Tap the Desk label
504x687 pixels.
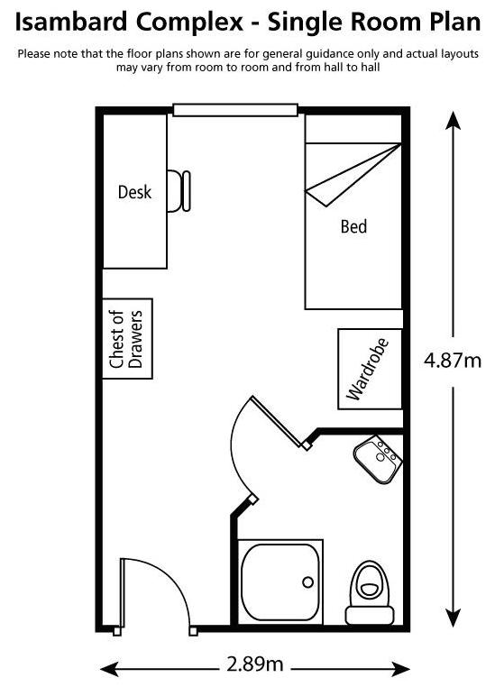(x=134, y=192)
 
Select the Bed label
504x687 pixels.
(x=353, y=226)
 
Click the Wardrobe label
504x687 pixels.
(x=368, y=369)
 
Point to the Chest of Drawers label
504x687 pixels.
(x=126, y=339)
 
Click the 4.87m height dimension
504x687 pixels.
(x=453, y=360)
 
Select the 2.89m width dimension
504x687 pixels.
(x=254, y=664)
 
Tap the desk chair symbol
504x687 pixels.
(x=179, y=191)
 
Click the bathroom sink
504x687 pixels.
(x=378, y=459)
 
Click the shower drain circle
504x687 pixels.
(x=308, y=582)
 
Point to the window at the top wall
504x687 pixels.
(x=235, y=110)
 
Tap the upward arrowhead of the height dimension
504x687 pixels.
(x=453, y=121)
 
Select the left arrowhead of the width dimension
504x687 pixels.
(x=110, y=669)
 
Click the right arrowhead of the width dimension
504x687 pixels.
(x=399, y=669)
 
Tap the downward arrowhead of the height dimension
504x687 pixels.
(x=453, y=618)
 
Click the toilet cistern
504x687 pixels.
(x=369, y=616)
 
